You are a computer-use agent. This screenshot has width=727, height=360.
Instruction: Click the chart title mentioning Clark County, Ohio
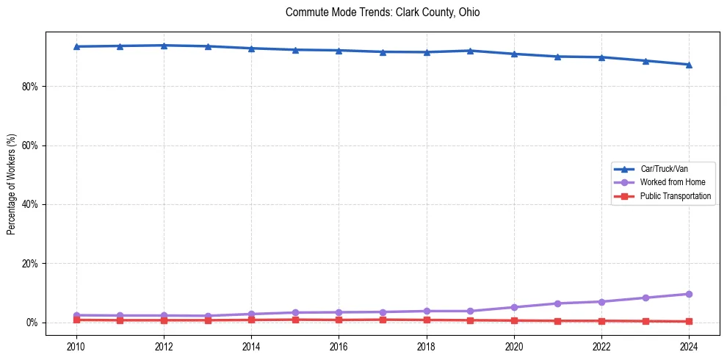pyautogui.click(x=383, y=12)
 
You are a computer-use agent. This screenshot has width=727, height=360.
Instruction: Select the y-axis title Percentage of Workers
pyautogui.click(x=12, y=184)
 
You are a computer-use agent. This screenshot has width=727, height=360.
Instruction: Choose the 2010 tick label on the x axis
pyautogui.click(x=76, y=346)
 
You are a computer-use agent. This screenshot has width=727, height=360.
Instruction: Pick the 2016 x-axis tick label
pyautogui.click(x=339, y=346)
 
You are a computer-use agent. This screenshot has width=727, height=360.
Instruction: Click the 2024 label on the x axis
pyautogui.click(x=689, y=346)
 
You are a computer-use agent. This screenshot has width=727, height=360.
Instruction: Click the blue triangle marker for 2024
pyautogui.click(x=689, y=65)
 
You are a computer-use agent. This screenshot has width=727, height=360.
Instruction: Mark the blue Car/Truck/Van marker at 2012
pyautogui.click(x=164, y=46)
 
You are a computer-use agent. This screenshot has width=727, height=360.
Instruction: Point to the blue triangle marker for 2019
pyautogui.click(x=470, y=51)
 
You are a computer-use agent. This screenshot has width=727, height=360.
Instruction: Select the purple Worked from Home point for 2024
pyautogui.click(x=689, y=294)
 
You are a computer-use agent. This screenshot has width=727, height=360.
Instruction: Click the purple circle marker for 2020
pyautogui.click(x=514, y=307)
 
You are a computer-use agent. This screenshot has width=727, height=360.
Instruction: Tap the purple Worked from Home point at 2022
pyautogui.click(x=601, y=302)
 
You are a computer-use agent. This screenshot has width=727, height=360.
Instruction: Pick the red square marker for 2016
pyautogui.click(x=339, y=320)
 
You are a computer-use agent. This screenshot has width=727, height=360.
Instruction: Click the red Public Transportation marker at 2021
pyautogui.click(x=557, y=321)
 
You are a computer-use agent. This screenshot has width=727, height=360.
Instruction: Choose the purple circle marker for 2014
pyautogui.click(x=251, y=314)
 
